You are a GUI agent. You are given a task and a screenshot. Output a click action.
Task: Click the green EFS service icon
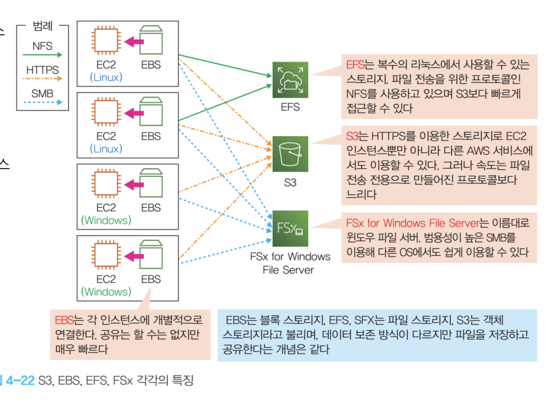(290, 80)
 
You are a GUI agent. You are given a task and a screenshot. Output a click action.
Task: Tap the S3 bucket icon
(290, 154)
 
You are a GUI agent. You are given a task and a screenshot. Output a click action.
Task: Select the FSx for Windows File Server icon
(290, 228)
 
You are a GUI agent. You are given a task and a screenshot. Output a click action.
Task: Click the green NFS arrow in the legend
(42, 55)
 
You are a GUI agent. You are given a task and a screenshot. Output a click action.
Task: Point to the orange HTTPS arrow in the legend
(42, 79)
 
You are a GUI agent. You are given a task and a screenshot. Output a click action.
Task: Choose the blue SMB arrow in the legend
(42, 102)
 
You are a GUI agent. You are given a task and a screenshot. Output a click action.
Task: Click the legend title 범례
(42, 26)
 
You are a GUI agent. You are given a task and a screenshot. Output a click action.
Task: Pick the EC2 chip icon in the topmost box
(106, 40)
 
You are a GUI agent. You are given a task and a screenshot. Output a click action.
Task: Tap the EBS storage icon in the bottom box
(151, 255)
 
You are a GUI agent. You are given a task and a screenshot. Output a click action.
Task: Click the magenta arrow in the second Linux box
(134, 113)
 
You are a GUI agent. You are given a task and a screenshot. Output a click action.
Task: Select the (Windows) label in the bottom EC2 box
(106, 292)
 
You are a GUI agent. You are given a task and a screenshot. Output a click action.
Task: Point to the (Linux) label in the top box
(106, 77)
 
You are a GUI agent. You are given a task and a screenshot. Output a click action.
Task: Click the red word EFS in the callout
(355, 65)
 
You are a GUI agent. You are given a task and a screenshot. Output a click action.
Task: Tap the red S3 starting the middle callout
(352, 136)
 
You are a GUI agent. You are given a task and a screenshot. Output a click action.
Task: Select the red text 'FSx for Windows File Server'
(413, 223)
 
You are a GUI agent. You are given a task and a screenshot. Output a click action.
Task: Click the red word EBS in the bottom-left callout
(65, 320)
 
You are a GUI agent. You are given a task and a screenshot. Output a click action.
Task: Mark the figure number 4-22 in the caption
(20, 381)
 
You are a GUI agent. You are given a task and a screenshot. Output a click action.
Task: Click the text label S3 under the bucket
(290, 183)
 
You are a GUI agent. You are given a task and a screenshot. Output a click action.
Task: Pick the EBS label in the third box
(151, 208)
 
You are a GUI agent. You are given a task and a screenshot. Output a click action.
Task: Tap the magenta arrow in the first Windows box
(134, 185)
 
